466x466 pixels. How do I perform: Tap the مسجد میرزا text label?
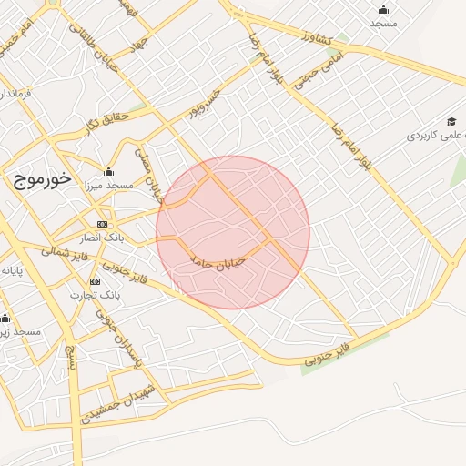coord(108,185)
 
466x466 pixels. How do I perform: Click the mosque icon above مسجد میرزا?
coord(109,171)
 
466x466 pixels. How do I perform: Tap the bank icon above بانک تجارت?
coord(95,281)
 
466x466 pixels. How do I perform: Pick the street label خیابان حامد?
coord(219,258)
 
